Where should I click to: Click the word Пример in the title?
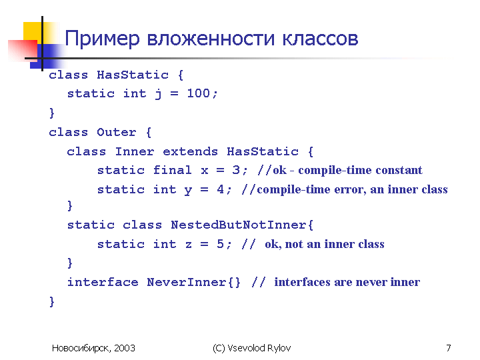102,39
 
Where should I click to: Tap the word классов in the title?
320,39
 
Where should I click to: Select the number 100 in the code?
199,93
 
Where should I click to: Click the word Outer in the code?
116,132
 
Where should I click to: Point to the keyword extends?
190,151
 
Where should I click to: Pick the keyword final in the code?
173,170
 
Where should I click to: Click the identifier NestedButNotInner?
239,225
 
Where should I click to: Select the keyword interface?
103,282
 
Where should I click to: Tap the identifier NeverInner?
187,282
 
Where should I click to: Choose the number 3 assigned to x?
236,170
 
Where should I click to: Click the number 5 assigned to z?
221,244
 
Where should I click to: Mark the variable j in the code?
158,94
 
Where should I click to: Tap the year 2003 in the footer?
125,348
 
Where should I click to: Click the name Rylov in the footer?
279,349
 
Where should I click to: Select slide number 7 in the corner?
449,348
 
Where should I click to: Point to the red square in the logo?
23,49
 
